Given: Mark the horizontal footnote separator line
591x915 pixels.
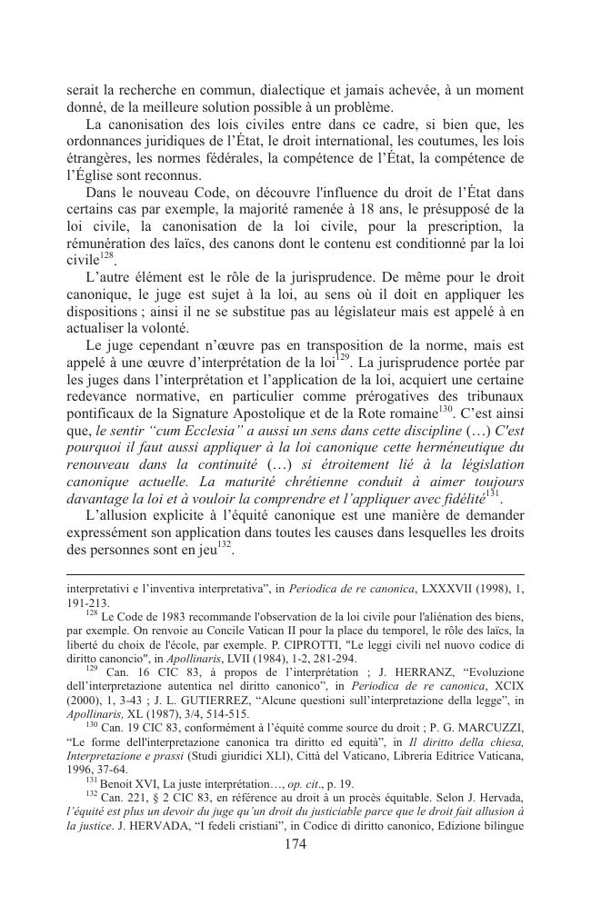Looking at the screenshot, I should pos(295,573).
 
